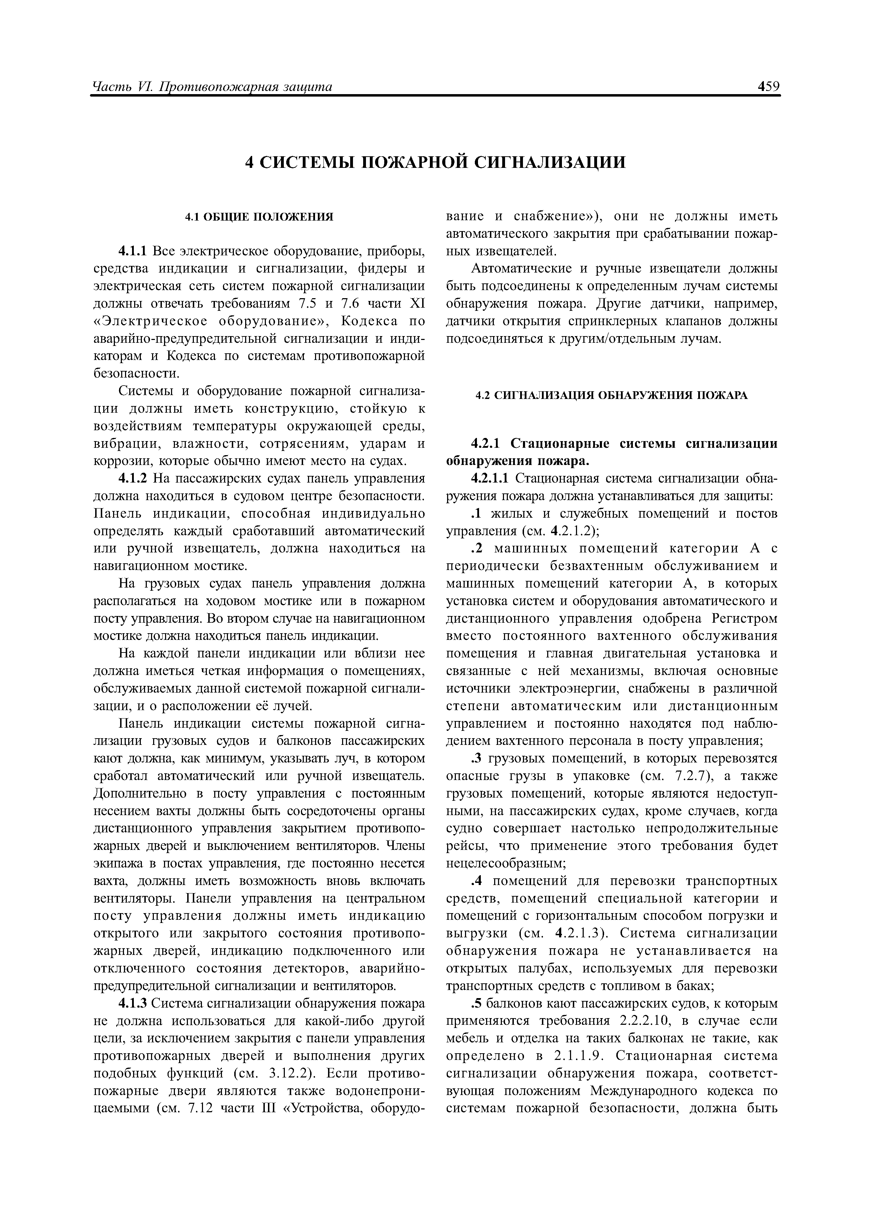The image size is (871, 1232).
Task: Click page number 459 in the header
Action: [768, 86]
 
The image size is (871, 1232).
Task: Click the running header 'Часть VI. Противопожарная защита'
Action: [212, 86]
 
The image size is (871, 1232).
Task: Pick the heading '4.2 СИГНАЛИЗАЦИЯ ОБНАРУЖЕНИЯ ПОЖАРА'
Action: [612, 395]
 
